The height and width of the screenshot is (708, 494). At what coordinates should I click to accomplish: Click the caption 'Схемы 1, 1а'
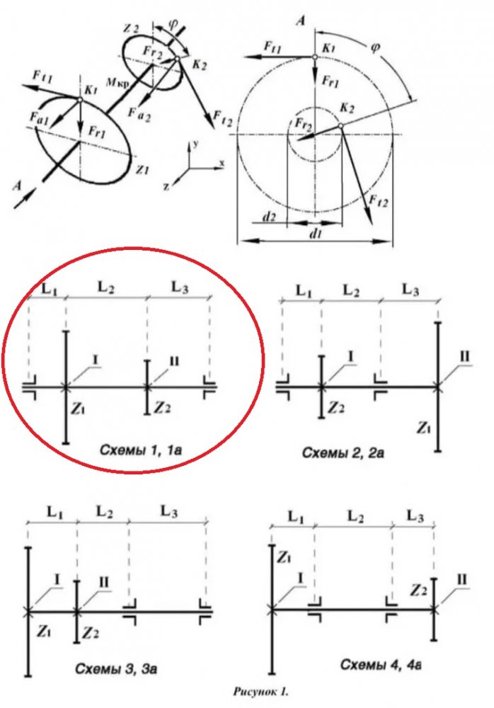pos(140,450)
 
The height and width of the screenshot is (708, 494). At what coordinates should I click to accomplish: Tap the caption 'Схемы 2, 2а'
pos(343,452)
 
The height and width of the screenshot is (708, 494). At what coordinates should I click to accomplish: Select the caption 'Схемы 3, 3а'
pos(115,668)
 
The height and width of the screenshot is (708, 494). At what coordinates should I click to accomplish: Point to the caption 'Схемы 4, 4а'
pos(381,664)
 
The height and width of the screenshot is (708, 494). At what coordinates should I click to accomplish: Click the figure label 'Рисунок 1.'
pos(260,692)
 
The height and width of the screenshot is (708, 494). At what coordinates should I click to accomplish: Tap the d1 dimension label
pos(315,234)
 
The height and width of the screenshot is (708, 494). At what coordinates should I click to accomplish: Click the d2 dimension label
pos(269,217)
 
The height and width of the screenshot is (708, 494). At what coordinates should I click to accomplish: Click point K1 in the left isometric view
pos(80,100)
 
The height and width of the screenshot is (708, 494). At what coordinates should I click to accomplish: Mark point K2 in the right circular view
pos(341,125)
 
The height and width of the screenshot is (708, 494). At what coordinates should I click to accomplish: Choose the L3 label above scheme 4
pos(415,515)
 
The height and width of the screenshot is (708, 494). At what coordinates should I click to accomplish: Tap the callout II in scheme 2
pos(464,357)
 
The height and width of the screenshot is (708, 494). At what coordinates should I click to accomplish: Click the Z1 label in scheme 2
pos(423,427)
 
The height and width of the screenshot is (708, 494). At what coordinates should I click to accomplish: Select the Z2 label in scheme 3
pos(91,633)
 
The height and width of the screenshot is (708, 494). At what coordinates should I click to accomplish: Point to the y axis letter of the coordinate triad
pos(195,144)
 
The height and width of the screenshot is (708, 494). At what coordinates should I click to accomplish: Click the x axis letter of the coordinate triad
pos(222,162)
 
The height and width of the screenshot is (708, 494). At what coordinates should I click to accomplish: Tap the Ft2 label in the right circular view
pos(378,200)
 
